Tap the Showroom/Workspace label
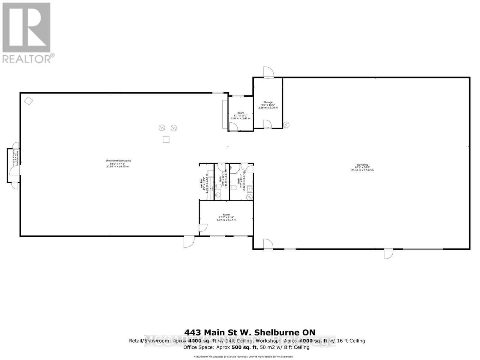(118, 163)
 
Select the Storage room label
(268, 105)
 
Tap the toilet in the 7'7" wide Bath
(234, 188)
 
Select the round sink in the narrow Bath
(218, 195)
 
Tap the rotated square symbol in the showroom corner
(28, 101)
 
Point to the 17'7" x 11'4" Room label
(226, 217)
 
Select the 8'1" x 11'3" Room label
(240, 115)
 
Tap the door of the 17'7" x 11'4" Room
(203, 228)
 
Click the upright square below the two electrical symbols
(166, 139)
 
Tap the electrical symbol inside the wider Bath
(249, 196)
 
